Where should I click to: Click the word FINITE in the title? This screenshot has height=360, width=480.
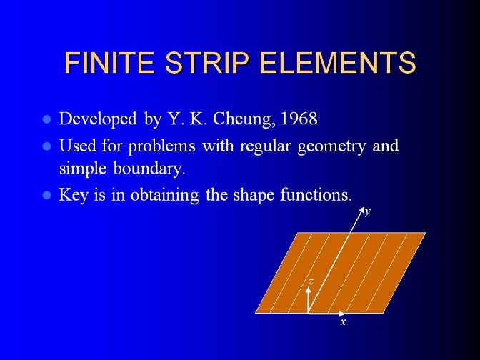tap(109, 62)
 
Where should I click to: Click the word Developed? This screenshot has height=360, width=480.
tap(98, 119)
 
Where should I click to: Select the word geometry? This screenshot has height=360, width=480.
tap(331, 146)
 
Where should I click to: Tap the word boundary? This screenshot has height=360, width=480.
tap(149, 169)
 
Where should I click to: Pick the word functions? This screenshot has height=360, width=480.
tap(316, 195)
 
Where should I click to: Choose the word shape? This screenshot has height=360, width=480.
tap(254, 195)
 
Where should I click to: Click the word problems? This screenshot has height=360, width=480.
tap(161, 146)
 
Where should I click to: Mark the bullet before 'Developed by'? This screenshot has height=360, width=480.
tap(47, 119)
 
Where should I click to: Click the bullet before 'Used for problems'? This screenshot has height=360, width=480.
tap(47, 146)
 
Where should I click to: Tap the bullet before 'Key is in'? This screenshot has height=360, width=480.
tap(47, 195)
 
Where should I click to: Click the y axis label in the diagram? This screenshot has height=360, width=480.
tap(368, 211)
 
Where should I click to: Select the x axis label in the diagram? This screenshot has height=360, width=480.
tap(343, 321)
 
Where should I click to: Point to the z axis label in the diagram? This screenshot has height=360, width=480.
tap(311, 281)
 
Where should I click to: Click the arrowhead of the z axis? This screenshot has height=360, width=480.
tap(309, 290)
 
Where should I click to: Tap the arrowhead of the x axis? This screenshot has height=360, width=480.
tap(342, 314)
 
